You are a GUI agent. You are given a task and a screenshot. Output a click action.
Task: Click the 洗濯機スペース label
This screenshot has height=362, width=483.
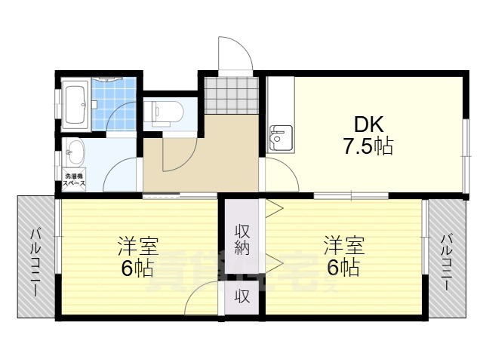(73, 180)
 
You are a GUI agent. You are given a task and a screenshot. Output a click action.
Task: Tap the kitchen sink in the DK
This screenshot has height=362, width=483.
(280, 138)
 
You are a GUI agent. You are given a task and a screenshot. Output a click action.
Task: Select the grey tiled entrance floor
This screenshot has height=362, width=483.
(231, 94)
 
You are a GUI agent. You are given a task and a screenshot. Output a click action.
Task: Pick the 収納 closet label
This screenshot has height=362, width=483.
(241, 239)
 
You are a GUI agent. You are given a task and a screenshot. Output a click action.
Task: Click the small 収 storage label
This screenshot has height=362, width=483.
(241, 296)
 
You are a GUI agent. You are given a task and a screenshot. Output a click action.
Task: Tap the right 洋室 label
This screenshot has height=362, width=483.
(344, 246)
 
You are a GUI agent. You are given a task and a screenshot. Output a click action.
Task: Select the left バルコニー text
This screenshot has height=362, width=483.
(35, 257)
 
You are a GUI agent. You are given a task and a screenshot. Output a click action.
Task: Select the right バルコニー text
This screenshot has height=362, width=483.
(446, 257)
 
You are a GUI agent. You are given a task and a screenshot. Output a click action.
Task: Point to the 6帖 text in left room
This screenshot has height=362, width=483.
(135, 268)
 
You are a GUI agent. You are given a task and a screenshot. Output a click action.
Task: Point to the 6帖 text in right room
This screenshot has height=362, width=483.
(344, 268)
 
